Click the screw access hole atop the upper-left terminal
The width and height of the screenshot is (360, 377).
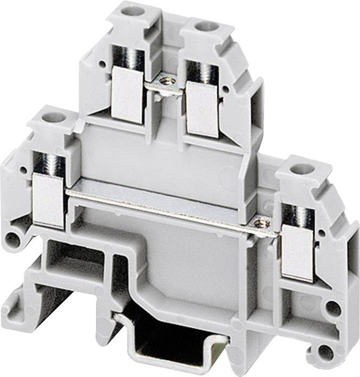click(131, 10)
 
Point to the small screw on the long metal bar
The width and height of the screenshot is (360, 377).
click(262, 222)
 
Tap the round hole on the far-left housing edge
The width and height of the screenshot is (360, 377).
click(11, 237)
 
